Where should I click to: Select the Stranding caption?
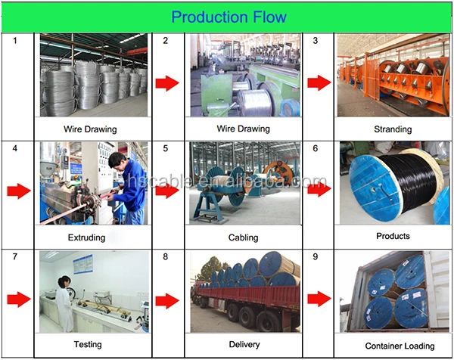[393, 129]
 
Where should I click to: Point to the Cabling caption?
[243, 237]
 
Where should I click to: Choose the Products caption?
[393, 236]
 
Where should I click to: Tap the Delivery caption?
[243, 345]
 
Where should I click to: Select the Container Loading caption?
[393, 346]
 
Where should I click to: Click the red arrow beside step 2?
[168, 82]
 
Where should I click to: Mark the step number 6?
[316, 149]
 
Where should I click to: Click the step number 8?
[166, 257]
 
